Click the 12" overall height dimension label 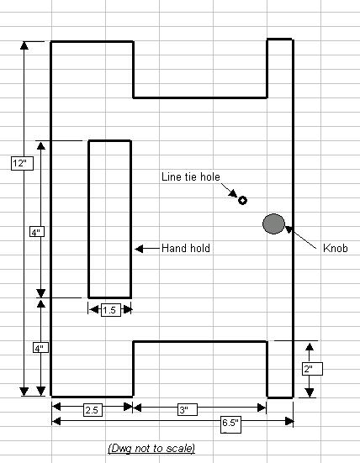click(x=22, y=163)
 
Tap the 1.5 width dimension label click(x=111, y=310)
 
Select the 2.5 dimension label click(x=93, y=410)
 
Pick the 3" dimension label click(x=187, y=409)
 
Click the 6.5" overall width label click(x=230, y=424)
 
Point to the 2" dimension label click(x=312, y=369)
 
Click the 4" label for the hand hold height click(x=37, y=232)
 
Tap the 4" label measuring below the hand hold click(x=40, y=348)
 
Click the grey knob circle click(x=273, y=224)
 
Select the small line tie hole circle click(x=242, y=200)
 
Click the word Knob click(x=335, y=248)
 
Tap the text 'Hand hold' click(x=186, y=248)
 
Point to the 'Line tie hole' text click(x=191, y=176)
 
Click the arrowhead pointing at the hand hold click(x=139, y=249)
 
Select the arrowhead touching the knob click(x=289, y=229)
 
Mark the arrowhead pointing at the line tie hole click(x=233, y=193)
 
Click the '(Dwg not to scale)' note click(x=151, y=448)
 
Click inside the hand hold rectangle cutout click(x=109, y=219)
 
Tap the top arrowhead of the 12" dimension click(x=24, y=45)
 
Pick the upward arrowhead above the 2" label click(x=310, y=347)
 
